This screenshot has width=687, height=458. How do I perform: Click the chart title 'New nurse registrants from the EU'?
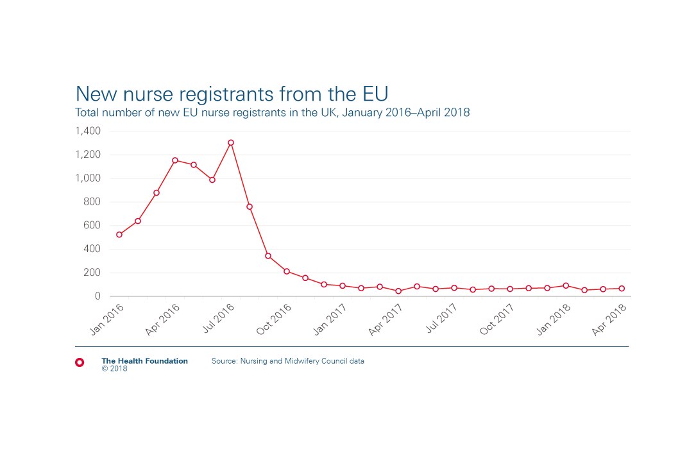click(x=232, y=93)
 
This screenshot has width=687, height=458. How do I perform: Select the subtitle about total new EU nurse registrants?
click(x=273, y=113)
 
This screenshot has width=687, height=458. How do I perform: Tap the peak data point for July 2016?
click(x=231, y=142)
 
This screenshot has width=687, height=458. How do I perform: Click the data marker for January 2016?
click(x=119, y=235)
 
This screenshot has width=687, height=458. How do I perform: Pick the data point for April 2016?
click(x=175, y=160)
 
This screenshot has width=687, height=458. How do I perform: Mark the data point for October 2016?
click(x=287, y=271)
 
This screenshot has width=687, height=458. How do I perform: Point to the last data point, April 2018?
click(x=622, y=289)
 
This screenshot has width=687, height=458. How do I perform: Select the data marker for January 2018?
click(x=566, y=285)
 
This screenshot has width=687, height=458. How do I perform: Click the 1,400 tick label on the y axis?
click(x=88, y=131)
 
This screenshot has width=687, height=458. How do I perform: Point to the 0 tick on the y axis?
click(x=98, y=296)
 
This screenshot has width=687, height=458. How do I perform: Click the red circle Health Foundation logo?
click(x=80, y=362)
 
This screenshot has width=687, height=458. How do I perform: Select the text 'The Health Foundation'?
click(x=144, y=361)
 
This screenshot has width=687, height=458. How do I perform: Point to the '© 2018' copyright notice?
click(x=114, y=369)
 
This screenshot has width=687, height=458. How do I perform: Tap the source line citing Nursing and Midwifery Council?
click(x=287, y=361)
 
